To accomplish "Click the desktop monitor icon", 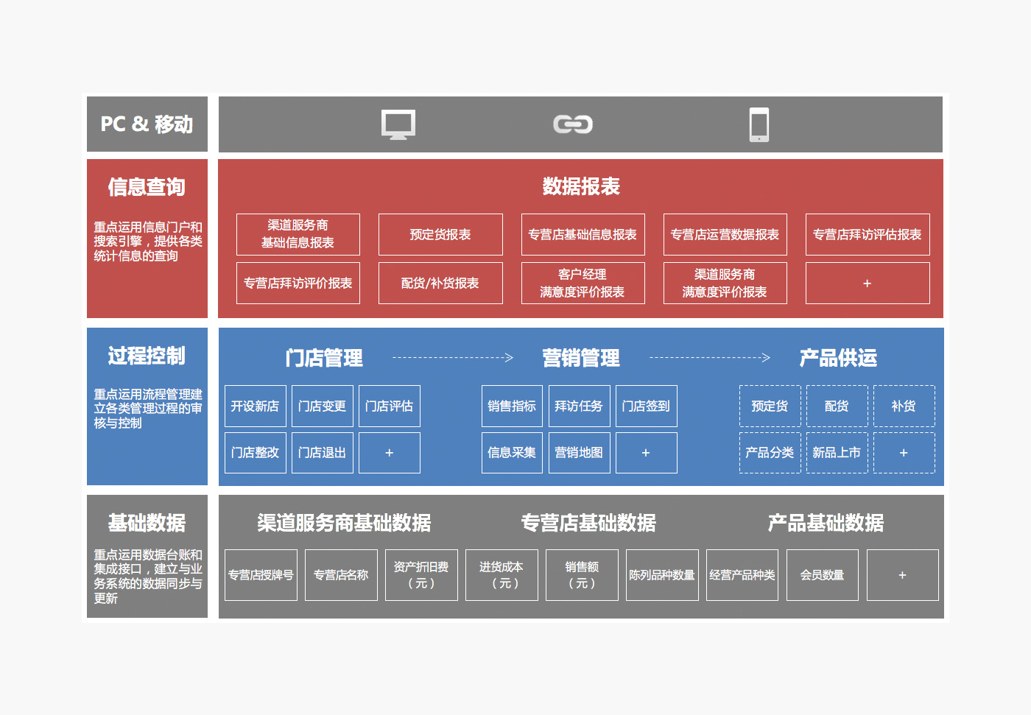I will tap(398, 124).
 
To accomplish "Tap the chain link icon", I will tap(573, 124).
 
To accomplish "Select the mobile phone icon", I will tap(759, 124).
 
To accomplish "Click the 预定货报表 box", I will tap(440, 235).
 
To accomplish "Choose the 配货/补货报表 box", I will tap(440, 283).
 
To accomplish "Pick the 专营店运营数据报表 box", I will tap(725, 235).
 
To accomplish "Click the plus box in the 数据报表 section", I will tap(867, 283).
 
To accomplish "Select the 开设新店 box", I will tap(255, 406).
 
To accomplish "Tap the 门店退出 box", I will tap(322, 453).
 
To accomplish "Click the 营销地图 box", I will tap(579, 453).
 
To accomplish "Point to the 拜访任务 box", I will tap(579, 406).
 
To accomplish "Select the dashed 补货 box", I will tap(904, 406).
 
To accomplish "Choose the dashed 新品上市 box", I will tap(837, 453).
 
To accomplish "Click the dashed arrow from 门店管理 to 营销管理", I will tap(452, 358).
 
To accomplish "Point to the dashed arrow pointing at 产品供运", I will tap(709, 358).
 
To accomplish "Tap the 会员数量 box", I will tap(822, 575).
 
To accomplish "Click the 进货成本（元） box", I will tap(502, 575).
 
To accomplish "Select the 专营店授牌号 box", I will tap(261, 575).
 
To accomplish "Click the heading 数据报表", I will tap(581, 186).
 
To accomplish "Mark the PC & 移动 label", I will tap(147, 124).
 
